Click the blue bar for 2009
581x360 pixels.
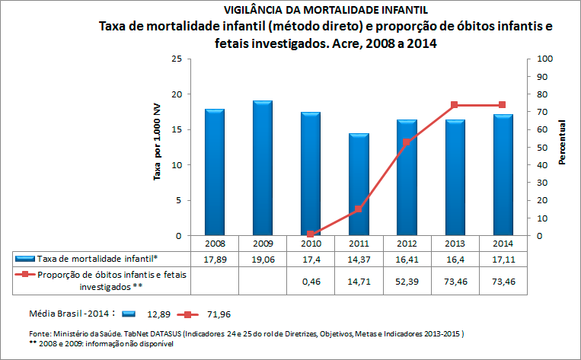click(x=262, y=168)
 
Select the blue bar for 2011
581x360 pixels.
click(x=359, y=185)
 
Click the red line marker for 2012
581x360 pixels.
click(x=406, y=142)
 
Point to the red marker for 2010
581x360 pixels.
click(x=311, y=234)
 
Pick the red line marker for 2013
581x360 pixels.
click(x=454, y=105)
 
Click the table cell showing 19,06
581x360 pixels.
click(x=263, y=260)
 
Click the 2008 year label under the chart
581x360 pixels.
click(x=215, y=244)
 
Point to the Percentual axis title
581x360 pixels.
click(x=562, y=142)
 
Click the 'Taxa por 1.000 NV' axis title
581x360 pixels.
click(x=158, y=142)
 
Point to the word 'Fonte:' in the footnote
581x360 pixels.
click(x=41, y=333)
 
